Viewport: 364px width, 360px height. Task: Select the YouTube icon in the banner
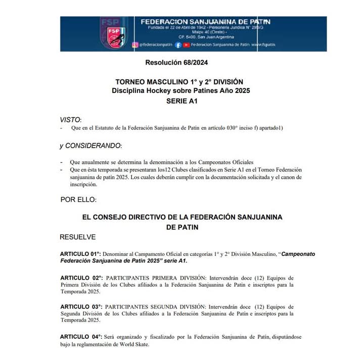pos(187,45)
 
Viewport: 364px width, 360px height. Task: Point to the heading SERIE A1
pos(181,101)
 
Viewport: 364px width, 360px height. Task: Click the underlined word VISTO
pos(70,120)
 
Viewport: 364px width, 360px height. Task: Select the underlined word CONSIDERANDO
pos(94,146)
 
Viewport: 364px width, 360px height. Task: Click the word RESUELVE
pos(77,237)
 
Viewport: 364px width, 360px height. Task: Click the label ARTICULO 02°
pos(81,278)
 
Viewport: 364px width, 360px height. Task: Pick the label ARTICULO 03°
pos(81,306)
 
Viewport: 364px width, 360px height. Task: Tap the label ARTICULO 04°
pos(81,337)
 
